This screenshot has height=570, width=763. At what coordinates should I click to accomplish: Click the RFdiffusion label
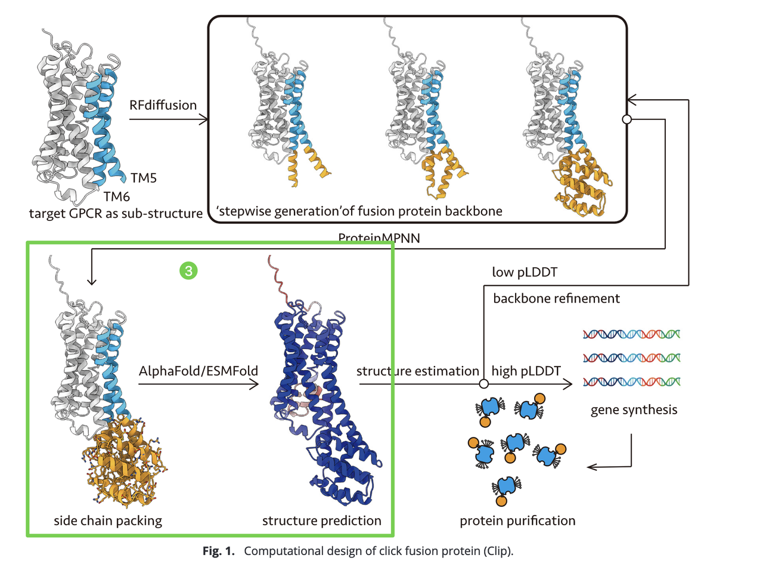pos(163,105)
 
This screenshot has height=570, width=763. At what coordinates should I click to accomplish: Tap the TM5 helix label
pos(144,178)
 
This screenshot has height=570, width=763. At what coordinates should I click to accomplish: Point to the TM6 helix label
pos(116,196)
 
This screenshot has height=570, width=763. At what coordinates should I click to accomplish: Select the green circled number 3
pos(188,271)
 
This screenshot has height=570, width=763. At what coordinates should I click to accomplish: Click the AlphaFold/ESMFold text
pos(198,371)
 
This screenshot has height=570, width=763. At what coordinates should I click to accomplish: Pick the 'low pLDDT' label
pos(525,273)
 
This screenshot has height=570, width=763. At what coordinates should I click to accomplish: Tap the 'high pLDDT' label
pos(526,371)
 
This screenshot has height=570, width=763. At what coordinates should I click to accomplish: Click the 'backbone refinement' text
pos(556,298)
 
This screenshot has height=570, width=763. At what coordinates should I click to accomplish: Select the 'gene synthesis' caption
pos(634,410)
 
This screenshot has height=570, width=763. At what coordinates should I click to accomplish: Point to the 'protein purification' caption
pos(517,521)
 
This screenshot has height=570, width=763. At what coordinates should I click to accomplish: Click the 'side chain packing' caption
pos(108,521)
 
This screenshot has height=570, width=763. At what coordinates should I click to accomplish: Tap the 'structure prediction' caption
pos(321,521)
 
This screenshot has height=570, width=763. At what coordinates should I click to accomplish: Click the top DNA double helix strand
pos(631,334)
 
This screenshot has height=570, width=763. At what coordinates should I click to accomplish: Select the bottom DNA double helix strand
pos(631,382)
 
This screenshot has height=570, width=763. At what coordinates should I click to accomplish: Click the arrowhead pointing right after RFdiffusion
pos(204,120)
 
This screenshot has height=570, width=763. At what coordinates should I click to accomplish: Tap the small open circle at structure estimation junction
pos(484,384)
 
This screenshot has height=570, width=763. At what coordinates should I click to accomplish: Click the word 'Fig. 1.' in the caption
pos(218,551)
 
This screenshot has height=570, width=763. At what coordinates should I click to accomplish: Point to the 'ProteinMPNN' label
pos(379,238)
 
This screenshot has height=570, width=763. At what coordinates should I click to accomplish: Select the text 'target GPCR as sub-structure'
pos(116,214)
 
